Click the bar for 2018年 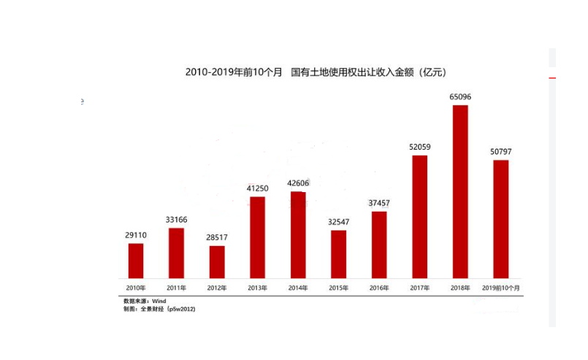(460, 191)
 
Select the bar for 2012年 (217, 261)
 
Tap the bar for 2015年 (338, 253)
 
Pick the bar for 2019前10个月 (500, 218)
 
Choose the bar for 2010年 (136, 260)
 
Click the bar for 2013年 (257, 237)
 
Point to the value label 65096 (460, 96)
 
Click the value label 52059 (419, 147)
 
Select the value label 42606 (298, 183)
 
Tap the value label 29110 (136, 235)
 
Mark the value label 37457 (379, 202)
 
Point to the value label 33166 (176, 219)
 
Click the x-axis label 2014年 (298, 288)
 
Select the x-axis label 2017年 (419, 288)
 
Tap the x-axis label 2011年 (176, 288)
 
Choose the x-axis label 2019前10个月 (501, 288)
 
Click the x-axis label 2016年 (379, 288)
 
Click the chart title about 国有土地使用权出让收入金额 (316, 72)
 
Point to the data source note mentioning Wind (145, 301)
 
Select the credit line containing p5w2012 (159, 309)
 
